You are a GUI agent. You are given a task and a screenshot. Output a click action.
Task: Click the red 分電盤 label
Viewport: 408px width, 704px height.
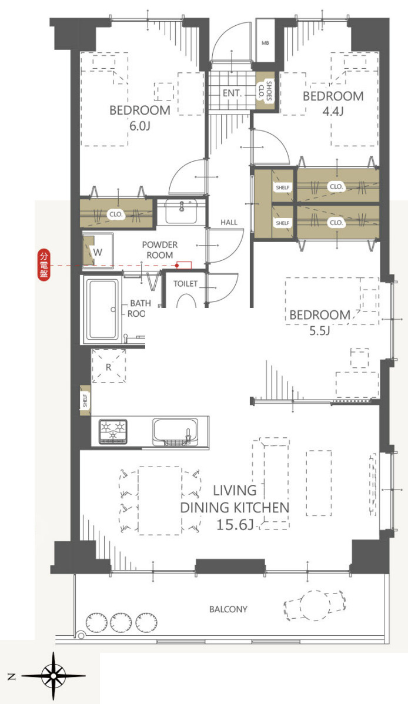point(44,266)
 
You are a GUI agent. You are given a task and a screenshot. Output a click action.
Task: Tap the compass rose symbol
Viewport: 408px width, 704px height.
point(53,675)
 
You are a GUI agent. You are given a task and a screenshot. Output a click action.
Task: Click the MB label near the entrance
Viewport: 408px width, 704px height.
point(265,43)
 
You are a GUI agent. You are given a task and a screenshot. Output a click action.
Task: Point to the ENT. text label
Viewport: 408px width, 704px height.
point(232,93)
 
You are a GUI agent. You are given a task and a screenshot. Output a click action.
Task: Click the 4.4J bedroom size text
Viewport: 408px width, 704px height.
point(333,111)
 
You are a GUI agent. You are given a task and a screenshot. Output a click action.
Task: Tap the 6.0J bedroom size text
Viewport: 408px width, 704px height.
point(139,126)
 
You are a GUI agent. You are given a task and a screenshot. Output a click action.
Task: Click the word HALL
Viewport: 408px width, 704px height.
point(229,222)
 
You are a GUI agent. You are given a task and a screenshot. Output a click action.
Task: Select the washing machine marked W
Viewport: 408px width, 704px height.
point(98,250)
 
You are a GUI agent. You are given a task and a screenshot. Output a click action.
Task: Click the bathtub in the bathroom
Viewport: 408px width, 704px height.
point(103,309)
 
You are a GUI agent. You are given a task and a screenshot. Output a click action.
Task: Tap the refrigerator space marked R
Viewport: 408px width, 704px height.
point(108,366)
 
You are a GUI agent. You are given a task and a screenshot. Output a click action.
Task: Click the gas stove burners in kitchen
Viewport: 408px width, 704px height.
point(113,431)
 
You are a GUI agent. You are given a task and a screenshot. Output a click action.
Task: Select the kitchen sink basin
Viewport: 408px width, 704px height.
point(175,431)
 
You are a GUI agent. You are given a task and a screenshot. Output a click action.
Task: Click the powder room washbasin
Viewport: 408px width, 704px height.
point(181,212)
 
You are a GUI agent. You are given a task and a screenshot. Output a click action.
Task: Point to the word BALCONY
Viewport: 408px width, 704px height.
point(228,609)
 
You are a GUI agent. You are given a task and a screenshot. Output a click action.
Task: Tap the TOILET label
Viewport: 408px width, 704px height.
point(186,284)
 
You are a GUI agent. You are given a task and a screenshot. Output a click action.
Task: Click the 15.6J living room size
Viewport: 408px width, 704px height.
point(235,524)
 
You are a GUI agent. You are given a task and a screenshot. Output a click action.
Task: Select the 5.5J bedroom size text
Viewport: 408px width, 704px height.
point(319,331)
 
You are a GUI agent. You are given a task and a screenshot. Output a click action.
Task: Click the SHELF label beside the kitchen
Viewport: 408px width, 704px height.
point(85,401)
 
